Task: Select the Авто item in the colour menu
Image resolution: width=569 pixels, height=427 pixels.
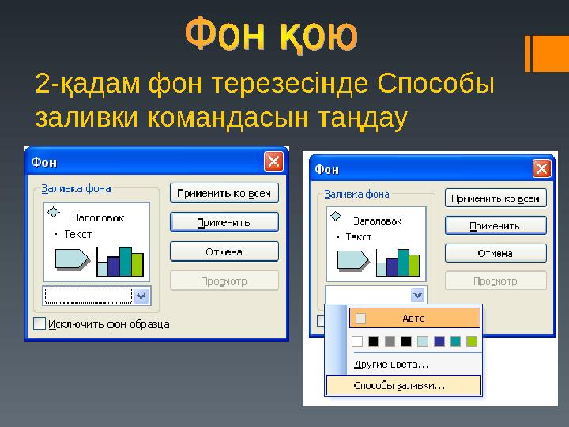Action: [414, 319]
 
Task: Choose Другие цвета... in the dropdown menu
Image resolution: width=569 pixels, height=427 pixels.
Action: [390, 365]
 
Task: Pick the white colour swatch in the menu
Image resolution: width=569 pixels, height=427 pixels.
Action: [357, 342]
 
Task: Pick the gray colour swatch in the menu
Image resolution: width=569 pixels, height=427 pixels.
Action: [390, 342]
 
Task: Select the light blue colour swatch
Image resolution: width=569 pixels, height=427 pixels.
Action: [423, 342]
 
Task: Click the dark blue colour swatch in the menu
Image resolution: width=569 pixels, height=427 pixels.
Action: [439, 342]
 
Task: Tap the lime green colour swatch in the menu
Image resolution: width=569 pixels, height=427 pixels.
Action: [472, 342]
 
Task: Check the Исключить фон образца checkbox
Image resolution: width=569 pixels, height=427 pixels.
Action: [40, 323]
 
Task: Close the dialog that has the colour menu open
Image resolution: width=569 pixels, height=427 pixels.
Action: [541, 168]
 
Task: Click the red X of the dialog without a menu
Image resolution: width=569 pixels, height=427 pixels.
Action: [273, 162]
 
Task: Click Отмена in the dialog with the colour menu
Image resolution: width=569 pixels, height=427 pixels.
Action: [495, 253]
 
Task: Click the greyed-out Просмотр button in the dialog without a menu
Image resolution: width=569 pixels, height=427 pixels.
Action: [224, 281]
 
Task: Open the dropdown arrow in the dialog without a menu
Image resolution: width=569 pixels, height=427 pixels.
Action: [141, 296]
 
